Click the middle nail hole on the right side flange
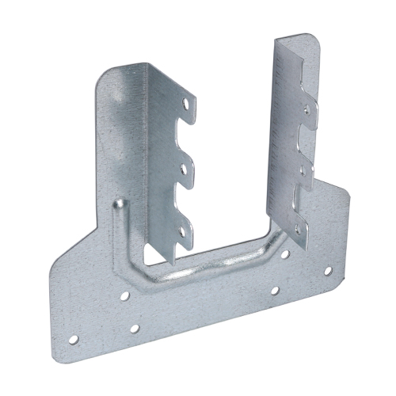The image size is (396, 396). tap(306, 166)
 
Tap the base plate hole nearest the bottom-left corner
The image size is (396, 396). tap(73, 339)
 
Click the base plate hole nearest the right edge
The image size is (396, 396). tap(328, 271)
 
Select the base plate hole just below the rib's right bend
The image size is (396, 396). tap(274, 290)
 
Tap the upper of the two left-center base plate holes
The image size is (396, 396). tap(125, 298)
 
